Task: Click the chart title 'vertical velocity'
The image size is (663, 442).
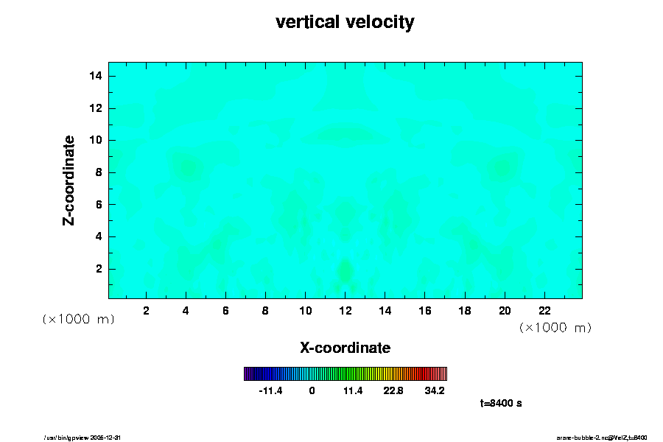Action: click(x=345, y=23)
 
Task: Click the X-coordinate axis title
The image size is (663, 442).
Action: click(x=345, y=347)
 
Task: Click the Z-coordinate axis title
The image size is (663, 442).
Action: click(x=69, y=180)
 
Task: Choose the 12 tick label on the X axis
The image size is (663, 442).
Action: click(x=345, y=310)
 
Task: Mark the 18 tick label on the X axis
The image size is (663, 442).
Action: click(x=464, y=310)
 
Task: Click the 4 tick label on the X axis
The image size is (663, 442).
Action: click(x=186, y=310)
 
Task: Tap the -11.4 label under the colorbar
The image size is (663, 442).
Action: click(x=270, y=391)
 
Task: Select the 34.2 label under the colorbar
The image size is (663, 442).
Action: click(x=435, y=391)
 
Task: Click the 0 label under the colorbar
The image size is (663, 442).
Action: click(x=312, y=391)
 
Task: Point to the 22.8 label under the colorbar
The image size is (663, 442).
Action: click(x=394, y=391)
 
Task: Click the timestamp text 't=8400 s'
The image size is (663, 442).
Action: click(x=501, y=404)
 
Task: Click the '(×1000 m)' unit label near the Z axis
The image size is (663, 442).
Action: click(x=78, y=319)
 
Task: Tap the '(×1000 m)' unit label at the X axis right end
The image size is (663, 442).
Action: click(x=555, y=327)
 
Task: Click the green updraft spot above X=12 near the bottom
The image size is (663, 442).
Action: click(x=344, y=270)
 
